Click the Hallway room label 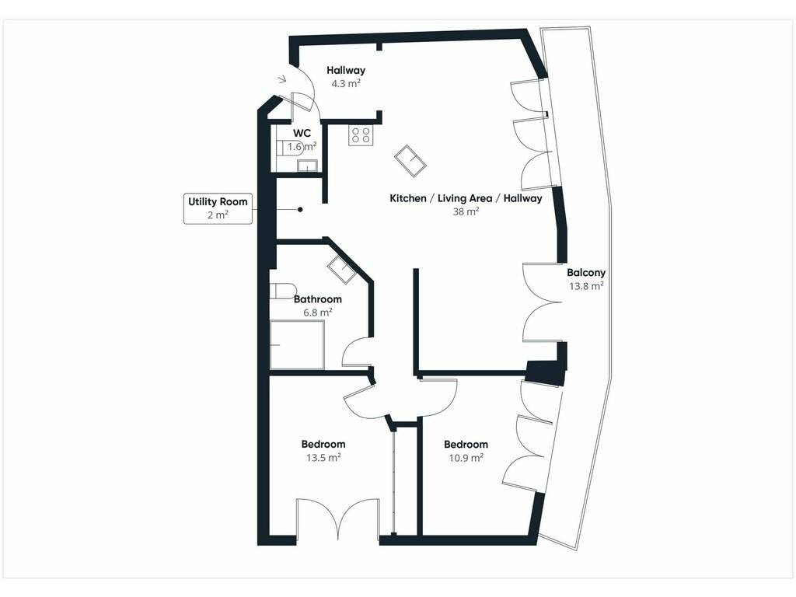click(346, 70)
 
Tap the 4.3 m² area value click(346, 83)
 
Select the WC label click(302, 133)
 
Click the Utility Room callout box click(218, 208)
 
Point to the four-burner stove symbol click(361, 135)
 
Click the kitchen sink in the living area click(410, 161)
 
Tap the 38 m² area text click(466, 211)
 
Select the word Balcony click(586, 273)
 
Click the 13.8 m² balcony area click(586, 286)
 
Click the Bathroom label click(318, 299)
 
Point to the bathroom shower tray click(297, 344)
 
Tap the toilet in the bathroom click(281, 291)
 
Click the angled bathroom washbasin click(342, 269)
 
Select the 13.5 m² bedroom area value click(323, 457)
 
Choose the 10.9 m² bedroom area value click(466, 457)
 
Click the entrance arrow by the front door click(282, 79)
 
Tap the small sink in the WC click(307, 166)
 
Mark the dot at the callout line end click(300, 209)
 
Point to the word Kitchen click(408, 198)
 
